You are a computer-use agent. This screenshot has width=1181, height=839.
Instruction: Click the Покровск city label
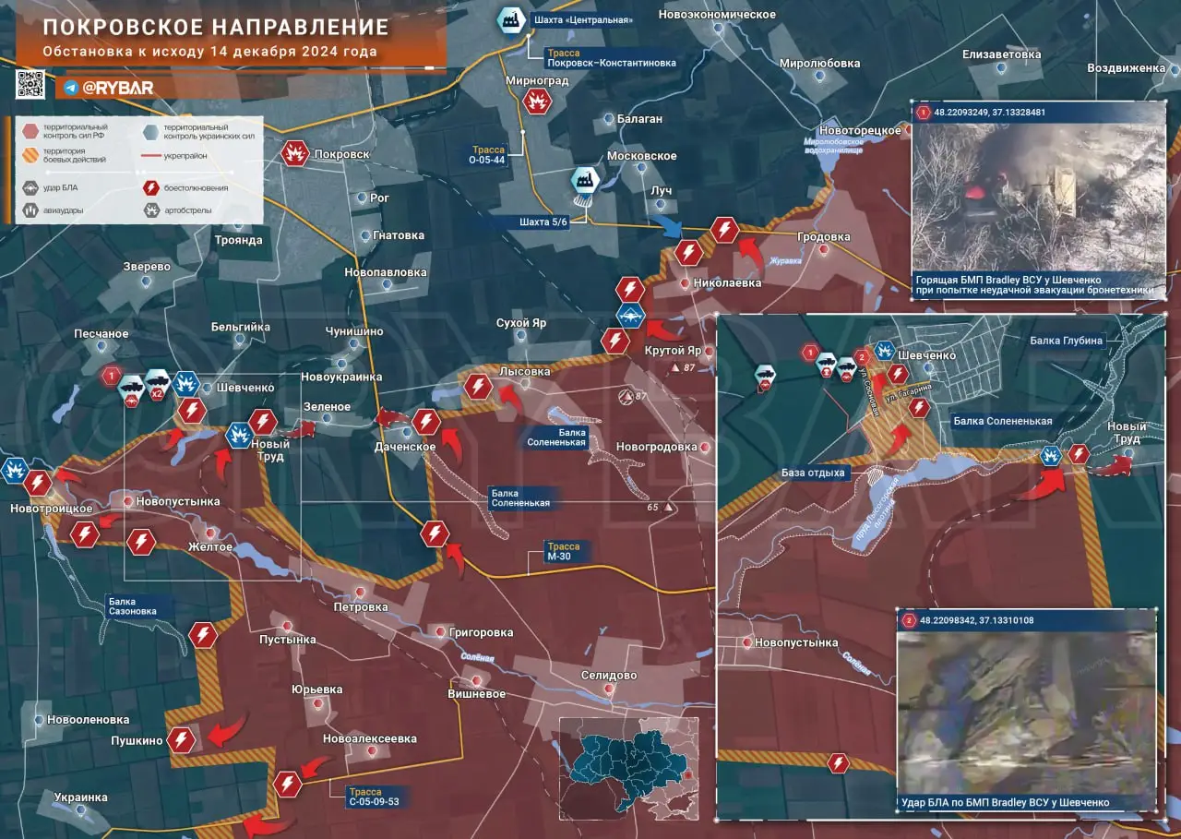coord(341,154)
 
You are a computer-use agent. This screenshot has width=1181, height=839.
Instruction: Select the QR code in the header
coord(31,84)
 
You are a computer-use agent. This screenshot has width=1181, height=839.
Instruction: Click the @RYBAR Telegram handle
coord(117,88)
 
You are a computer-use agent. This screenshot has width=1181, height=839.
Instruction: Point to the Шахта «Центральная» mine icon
coord(508,19)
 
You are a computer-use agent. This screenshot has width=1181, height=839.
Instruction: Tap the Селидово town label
coord(609,676)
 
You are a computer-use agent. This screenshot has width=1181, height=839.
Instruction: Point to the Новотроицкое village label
coord(52,509)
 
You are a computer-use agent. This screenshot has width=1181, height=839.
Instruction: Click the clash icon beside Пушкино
coord(183,738)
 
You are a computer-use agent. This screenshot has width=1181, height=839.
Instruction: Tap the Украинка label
coord(80,797)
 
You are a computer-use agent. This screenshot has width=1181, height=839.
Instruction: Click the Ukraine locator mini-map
coord(627,768)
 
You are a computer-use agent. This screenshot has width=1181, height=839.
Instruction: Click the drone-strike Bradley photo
coord(1026,710)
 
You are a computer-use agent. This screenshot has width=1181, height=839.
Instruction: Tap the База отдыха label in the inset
coord(813,473)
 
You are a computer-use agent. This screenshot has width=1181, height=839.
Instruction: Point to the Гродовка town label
coord(824,237)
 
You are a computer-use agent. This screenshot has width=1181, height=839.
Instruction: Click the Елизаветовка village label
coord(1001,54)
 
